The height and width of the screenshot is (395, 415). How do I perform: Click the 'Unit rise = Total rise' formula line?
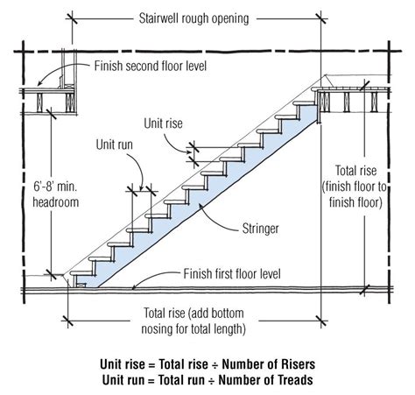[207, 361]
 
